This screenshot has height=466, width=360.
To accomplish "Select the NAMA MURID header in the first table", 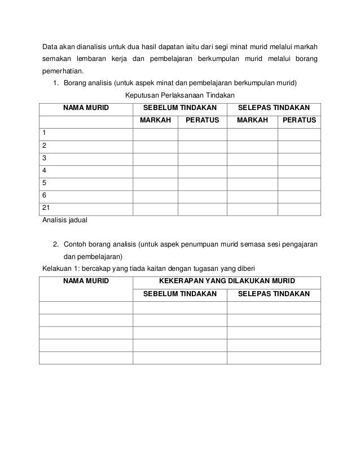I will click(86, 107).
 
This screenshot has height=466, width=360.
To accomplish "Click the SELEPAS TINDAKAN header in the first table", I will click(274, 107).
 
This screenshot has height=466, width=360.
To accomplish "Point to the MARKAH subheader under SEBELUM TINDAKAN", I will click(155, 120).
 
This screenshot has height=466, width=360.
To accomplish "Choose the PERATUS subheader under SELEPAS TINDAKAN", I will click(299, 120).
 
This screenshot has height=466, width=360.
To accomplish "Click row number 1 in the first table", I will click(45, 133).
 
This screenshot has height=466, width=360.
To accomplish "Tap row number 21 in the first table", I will click(46, 208).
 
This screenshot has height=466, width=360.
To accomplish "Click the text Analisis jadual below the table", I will click(65, 220).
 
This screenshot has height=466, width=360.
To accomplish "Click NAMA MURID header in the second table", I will click(86, 281).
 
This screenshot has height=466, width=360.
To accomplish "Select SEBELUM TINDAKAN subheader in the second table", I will click(179, 294).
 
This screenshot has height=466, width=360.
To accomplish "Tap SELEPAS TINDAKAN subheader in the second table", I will click(274, 294).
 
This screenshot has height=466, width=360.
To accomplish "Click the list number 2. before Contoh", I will click(56, 245).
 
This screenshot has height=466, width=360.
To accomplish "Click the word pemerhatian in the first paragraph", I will click(62, 72).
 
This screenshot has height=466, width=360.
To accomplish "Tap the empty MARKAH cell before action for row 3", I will click(155, 159).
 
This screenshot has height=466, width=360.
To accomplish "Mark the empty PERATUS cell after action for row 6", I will click(299, 196).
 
